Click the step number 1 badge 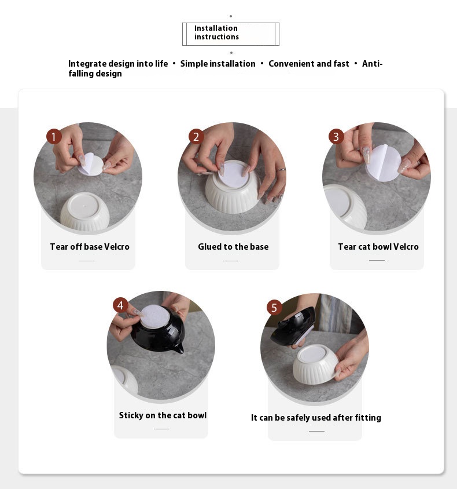[54, 137]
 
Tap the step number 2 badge [196, 137]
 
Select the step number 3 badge [336, 137]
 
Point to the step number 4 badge [120, 305]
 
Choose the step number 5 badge [274, 308]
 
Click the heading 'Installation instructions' [217, 32]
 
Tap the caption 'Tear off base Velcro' [90, 247]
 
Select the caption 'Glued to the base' [233, 247]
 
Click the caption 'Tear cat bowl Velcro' [378, 247]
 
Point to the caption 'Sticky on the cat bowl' [163, 415]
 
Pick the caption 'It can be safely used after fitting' [316, 418]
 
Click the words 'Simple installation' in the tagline [218, 64]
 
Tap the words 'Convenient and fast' [309, 64]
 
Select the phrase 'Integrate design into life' [118, 64]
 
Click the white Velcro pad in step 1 [91, 164]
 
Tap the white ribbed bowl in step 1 [84, 211]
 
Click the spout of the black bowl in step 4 [178, 349]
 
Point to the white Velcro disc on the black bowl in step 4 [154, 316]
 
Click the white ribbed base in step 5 [316, 364]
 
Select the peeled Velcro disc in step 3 [383, 162]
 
